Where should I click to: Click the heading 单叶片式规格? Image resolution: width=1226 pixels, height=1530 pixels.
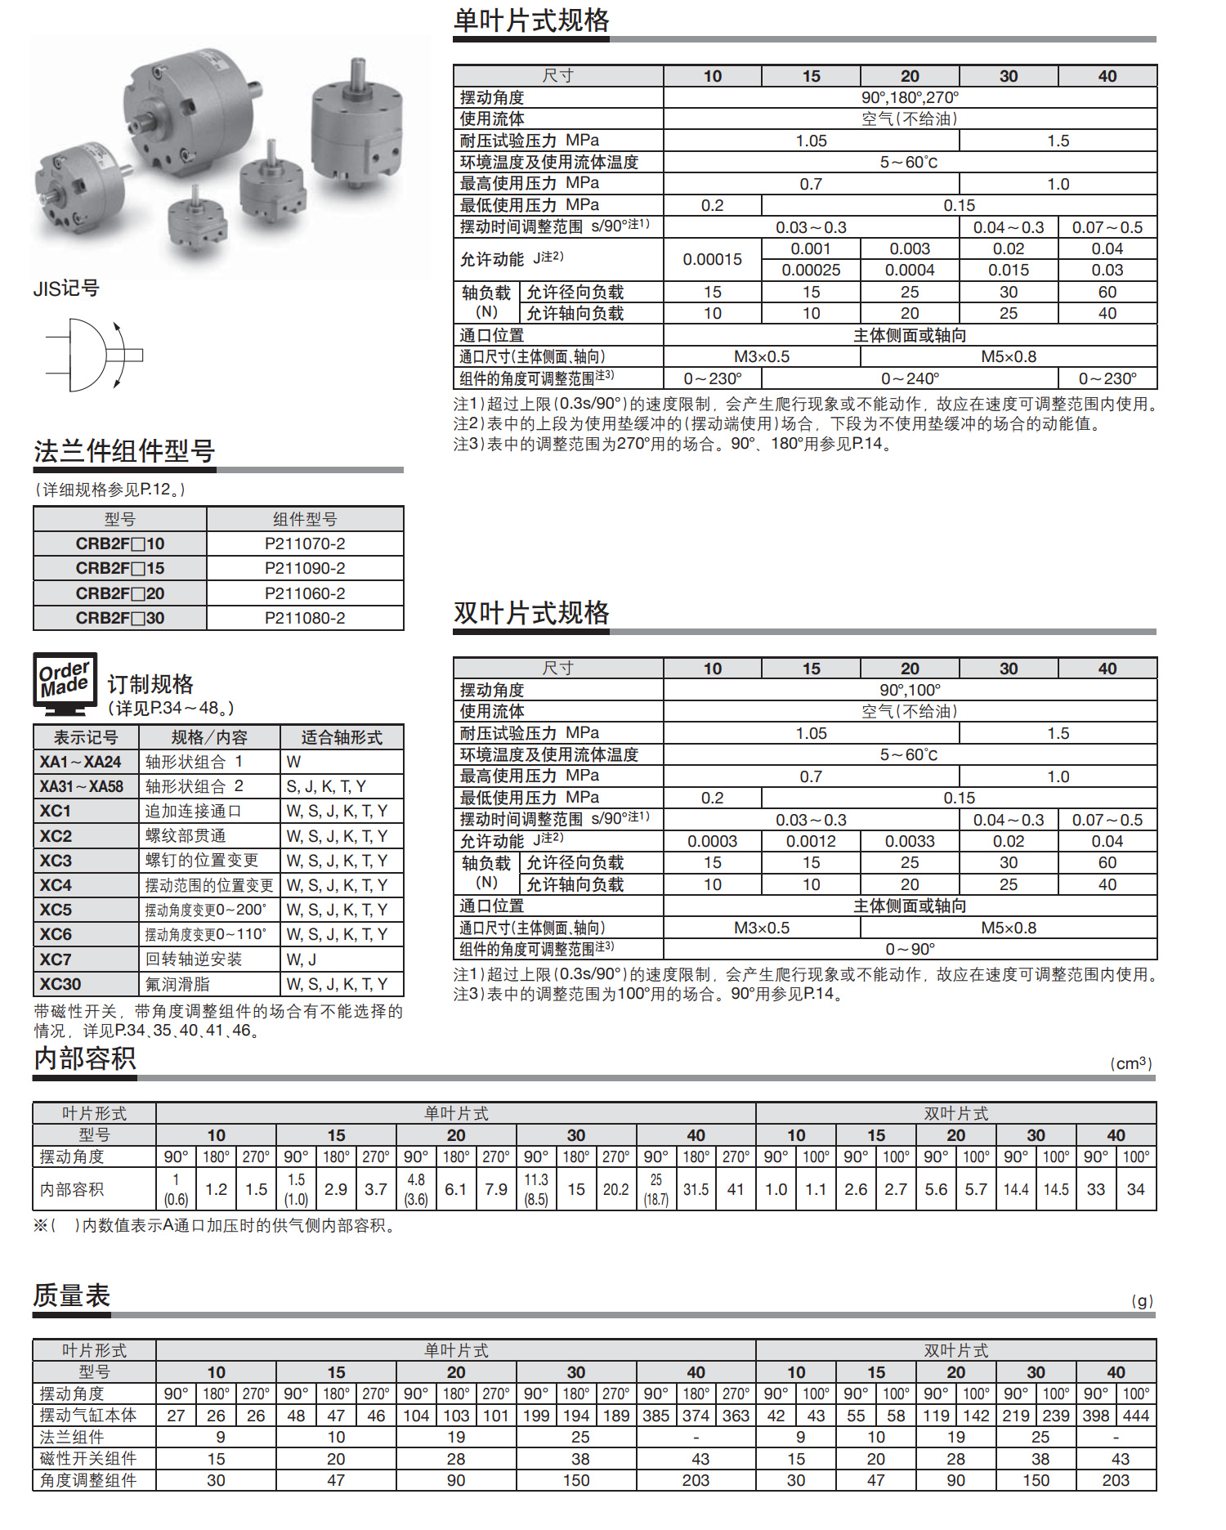click(531, 20)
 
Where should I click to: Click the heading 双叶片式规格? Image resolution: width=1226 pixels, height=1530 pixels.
click(531, 613)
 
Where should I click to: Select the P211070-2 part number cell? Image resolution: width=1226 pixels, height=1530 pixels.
click(305, 544)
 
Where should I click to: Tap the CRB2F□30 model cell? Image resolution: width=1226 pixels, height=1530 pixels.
click(120, 619)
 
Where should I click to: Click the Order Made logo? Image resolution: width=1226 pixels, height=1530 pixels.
click(65, 680)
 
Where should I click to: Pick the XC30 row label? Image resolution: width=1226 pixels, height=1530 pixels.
click(60, 984)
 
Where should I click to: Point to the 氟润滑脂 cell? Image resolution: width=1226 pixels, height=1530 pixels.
click(178, 984)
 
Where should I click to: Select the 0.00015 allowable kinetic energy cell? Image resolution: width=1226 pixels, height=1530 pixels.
click(713, 260)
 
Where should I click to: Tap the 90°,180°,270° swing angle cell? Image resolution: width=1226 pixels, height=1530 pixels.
click(910, 98)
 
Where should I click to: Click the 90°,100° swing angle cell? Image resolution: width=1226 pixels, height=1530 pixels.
click(910, 691)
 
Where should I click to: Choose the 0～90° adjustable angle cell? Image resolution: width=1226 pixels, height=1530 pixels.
click(910, 950)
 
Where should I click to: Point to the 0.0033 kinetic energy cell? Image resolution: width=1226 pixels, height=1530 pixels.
click(910, 842)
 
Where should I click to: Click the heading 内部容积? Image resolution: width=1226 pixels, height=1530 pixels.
click(85, 1059)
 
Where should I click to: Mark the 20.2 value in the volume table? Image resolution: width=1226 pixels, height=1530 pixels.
click(615, 1190)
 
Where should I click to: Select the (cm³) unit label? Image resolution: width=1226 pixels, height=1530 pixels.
click(1131, 1063)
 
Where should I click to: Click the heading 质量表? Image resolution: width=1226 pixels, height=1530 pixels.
click(72, 1296)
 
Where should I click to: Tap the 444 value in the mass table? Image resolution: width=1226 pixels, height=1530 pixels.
click(1136, 1416)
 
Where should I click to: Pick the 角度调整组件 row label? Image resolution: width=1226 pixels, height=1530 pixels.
click(88, 1481)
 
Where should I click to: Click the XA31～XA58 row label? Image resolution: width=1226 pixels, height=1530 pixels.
click(82, 787)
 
